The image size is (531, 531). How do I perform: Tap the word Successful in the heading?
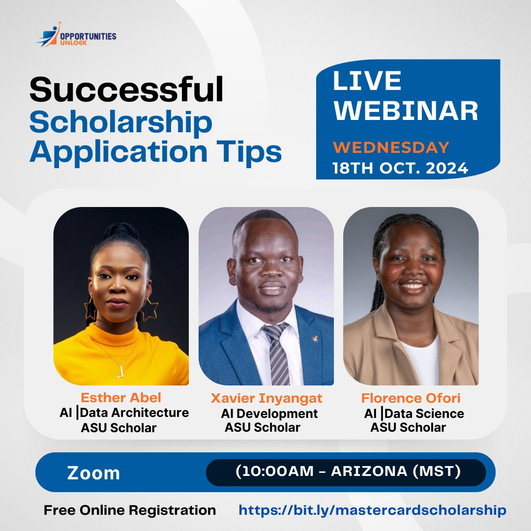pos(126,89)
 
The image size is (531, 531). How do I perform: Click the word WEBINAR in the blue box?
pos(406,111)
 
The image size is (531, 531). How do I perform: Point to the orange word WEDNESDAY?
pos(391,147)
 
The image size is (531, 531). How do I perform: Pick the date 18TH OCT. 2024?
pos(400,168)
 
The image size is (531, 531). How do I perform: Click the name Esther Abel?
pos(121,398)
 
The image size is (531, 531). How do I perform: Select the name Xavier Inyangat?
pos(266,399)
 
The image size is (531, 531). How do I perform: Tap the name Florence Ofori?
pos(411,398)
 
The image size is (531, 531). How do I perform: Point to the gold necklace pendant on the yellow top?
pos(120,371)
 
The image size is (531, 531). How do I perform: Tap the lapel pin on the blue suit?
pos(315,338)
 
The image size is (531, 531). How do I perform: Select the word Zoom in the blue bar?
pos(93,473)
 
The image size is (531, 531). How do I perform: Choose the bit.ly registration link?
pos(373,510)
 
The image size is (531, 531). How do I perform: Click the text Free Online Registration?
pos(130,510)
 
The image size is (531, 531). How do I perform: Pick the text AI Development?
pos(269,413)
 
